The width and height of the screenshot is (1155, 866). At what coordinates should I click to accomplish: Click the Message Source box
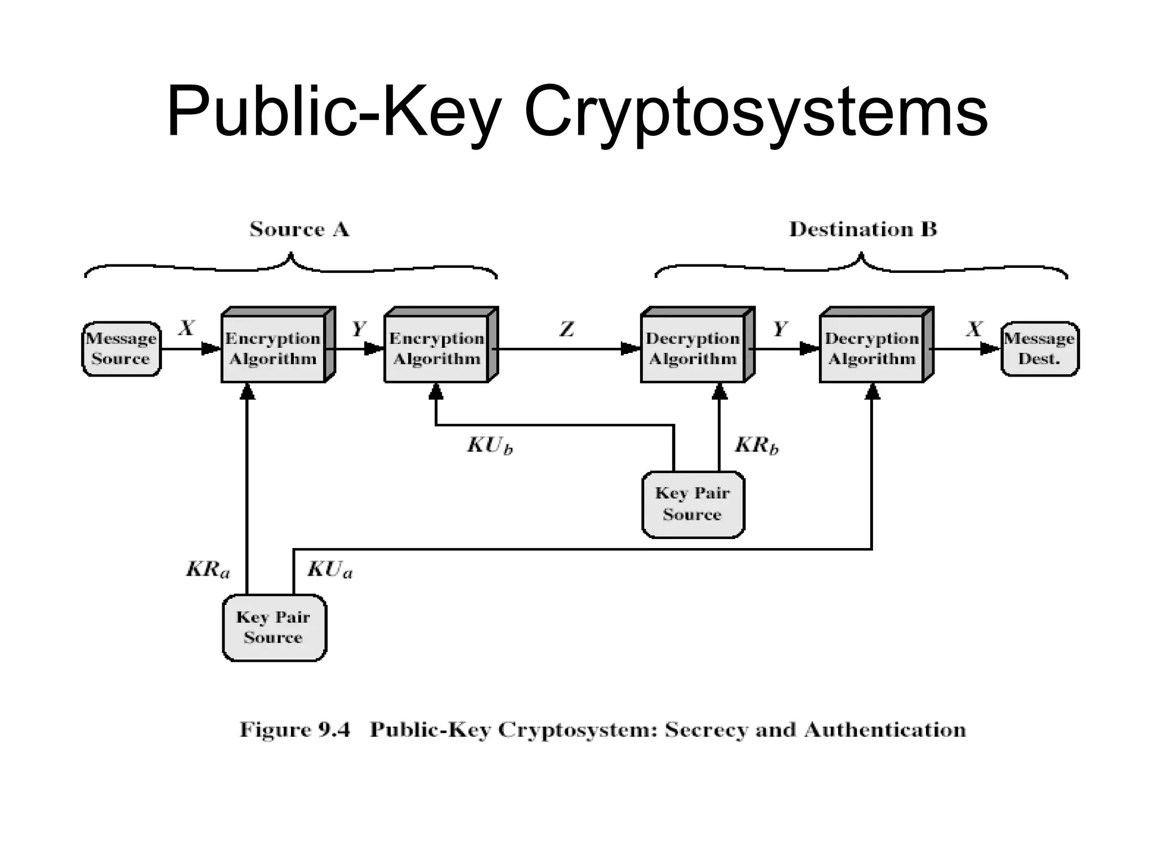coord(121,349)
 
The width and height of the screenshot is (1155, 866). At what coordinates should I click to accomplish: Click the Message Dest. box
coord(1039,349)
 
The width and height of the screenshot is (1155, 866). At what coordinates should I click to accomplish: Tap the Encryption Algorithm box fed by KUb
coord(437,349)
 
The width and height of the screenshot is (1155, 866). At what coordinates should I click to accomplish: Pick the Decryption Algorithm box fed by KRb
coord(693,349)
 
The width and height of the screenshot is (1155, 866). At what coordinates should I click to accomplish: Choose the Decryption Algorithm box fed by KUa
coord(872,349)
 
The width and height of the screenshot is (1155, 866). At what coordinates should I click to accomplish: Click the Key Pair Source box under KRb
coord(693,504)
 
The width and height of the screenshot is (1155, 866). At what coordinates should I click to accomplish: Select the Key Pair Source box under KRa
coord(274,628)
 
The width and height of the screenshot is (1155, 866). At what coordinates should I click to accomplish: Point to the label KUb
coord(490,446)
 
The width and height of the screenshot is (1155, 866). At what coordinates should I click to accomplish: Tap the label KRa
coord(208,569)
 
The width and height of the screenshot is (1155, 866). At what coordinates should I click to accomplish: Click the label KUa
coord(329,569)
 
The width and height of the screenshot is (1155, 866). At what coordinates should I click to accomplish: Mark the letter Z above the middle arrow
coord(567,329)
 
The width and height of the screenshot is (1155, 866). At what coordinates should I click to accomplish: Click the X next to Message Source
coord(187,328)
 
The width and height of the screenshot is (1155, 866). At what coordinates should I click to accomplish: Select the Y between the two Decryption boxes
coord(780,328)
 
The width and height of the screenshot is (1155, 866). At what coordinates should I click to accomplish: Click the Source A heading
coord(299,229)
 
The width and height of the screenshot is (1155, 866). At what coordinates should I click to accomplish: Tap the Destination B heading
coord(862,229)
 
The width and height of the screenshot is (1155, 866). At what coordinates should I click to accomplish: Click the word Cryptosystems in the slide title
coord(756,111)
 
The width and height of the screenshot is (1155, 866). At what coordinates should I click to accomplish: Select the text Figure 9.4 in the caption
coord(294,730)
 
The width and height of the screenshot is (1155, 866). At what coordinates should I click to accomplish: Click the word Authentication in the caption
coord(885,730)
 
